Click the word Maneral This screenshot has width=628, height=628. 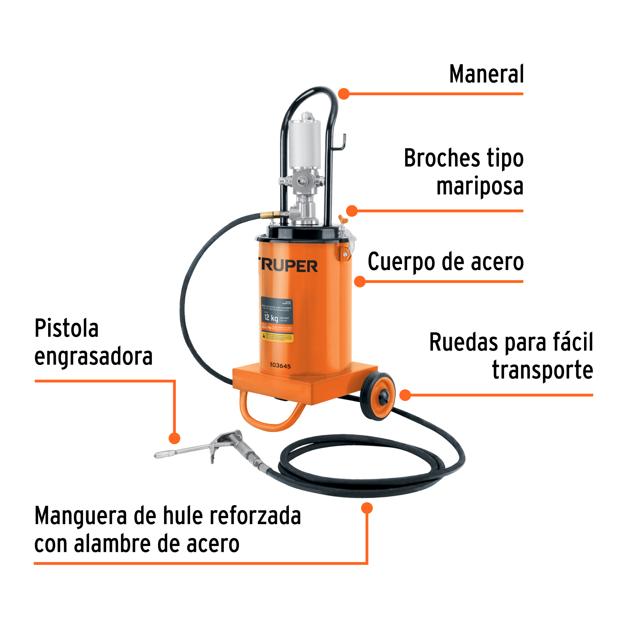pos(486,74)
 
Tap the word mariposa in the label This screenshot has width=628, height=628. pos(480,187)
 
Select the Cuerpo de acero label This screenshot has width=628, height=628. pos(446,262)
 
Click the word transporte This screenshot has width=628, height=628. pos(543,370)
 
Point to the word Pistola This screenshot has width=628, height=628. pos(66,329)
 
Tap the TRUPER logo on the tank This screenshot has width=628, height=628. pos(288,266)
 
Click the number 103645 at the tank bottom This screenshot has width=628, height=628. pos(280,366)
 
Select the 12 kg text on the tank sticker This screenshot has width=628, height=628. pos(271,318)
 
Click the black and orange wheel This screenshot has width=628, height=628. pos(378,396)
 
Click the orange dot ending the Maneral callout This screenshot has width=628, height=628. pos(344,94)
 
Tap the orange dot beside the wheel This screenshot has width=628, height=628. pos(405,395)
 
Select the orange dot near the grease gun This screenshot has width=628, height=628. pos(174,438)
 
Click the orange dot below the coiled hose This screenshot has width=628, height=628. pos(367,508)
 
